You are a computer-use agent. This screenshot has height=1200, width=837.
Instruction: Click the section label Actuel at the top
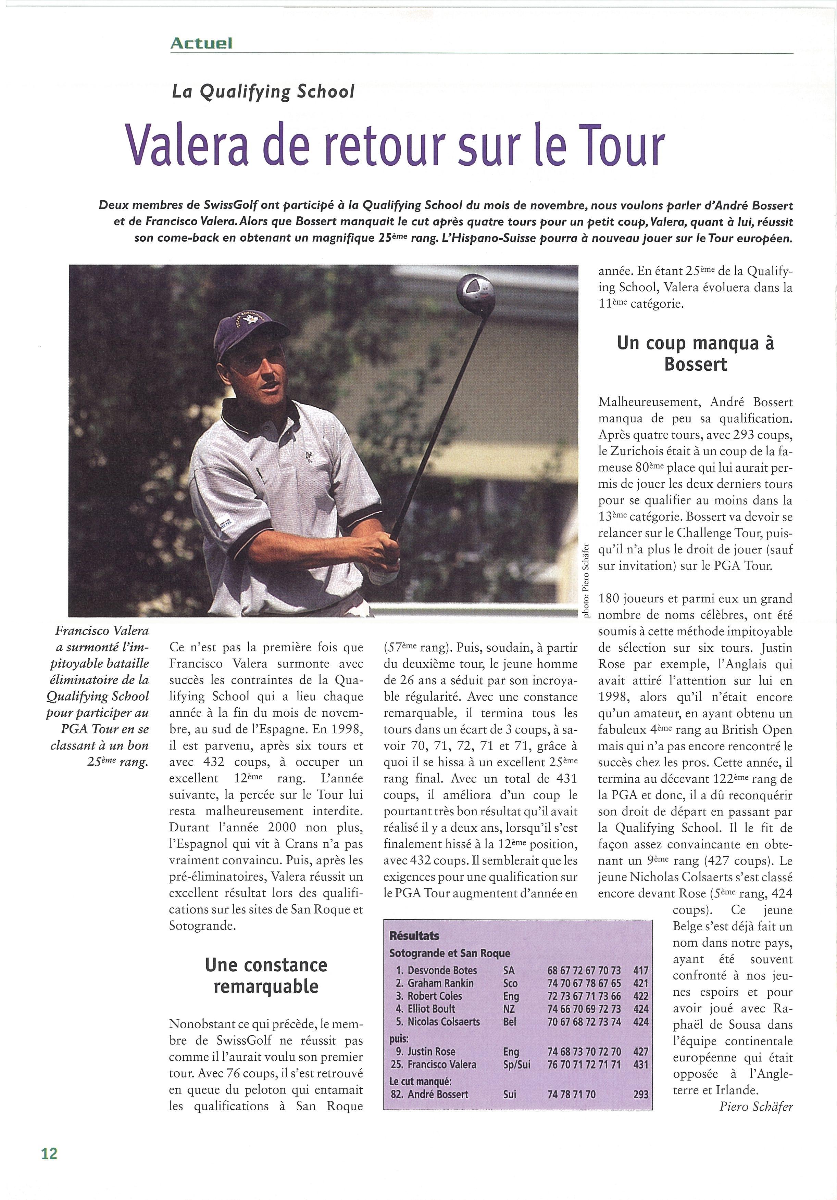[x=201, y=43]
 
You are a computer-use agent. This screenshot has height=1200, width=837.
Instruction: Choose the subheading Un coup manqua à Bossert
[x=695, y=353]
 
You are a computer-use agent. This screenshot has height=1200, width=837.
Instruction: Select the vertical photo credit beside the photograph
[x=587, y=580]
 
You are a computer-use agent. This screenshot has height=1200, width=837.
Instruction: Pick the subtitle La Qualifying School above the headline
[x=263, y=92]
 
